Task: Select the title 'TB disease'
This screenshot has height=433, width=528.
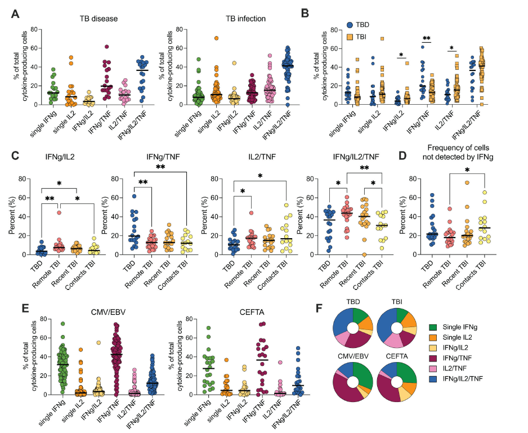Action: pyautogui.click(x=99, y=19)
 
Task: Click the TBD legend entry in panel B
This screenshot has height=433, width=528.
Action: pyautogui.click(x=364, y=25)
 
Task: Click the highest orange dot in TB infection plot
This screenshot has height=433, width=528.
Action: pyautogui.click(x=216, y=38)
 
